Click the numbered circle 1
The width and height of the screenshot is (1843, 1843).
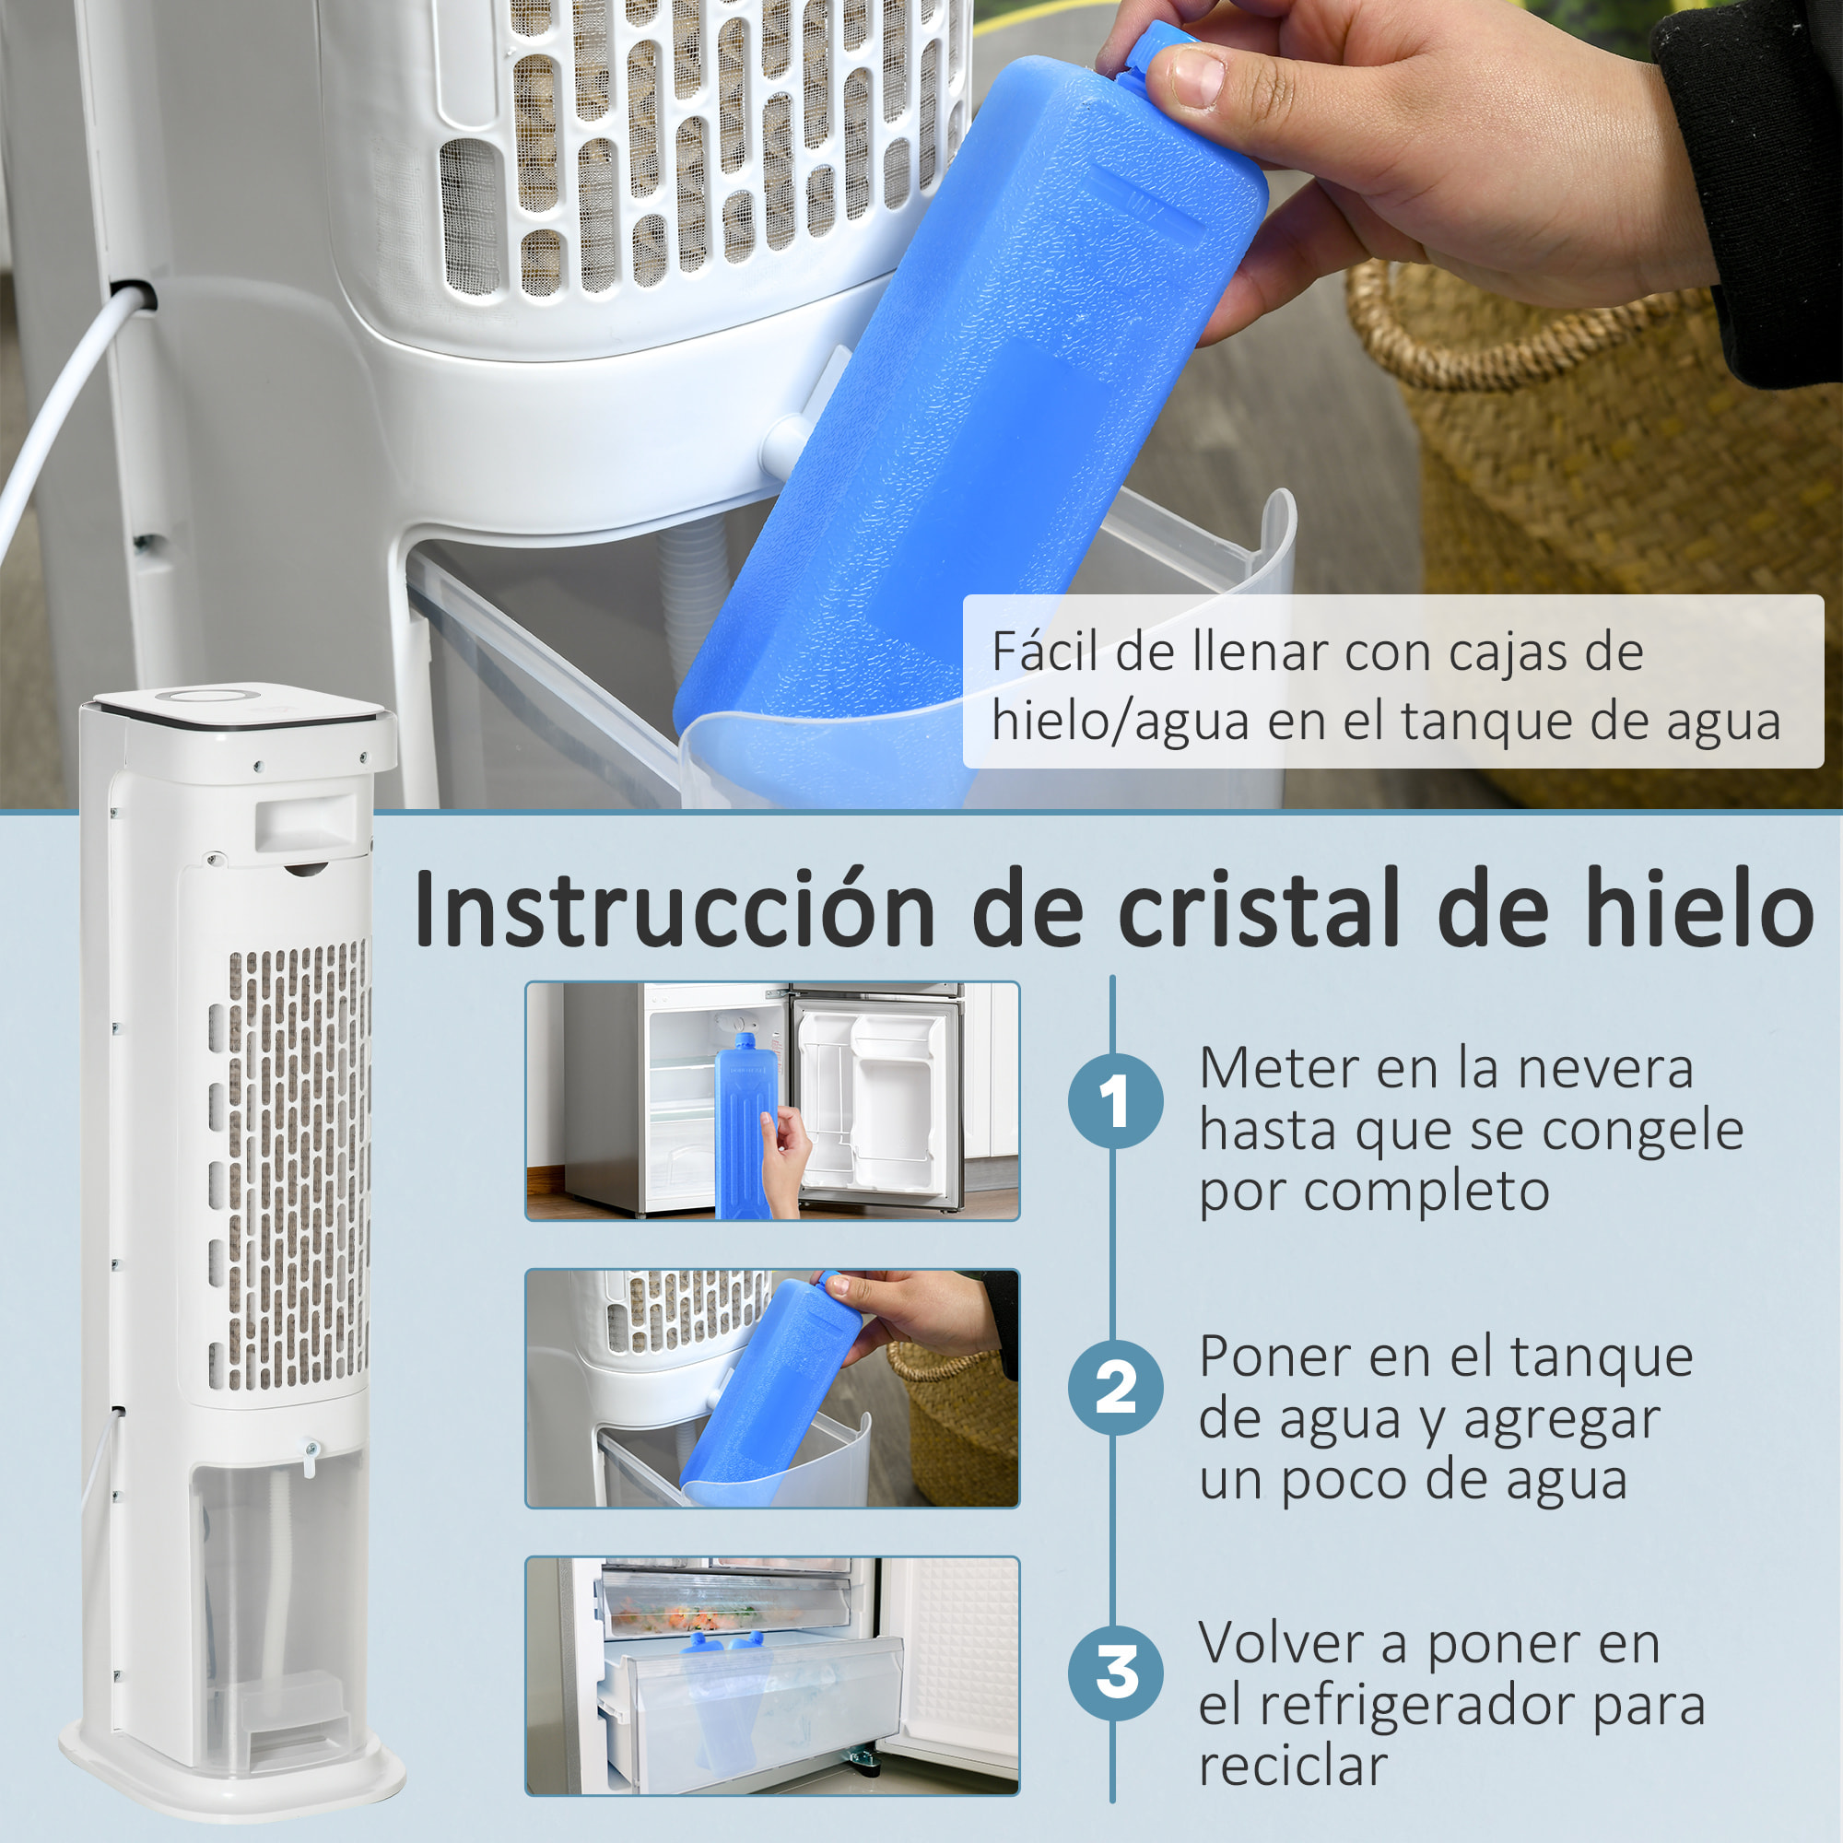pyautogui.click(x=1115, y=1101)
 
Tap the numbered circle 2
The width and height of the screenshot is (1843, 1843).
pyautogui.click(x=1115, y=1387)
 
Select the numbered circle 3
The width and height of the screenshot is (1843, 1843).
pyautogui.click(x=1115, y=1673)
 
